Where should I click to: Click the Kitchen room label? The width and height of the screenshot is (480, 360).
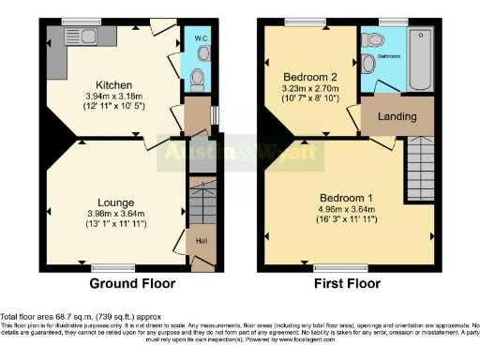click(112, 82)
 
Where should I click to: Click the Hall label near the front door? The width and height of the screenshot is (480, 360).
click(201, 242)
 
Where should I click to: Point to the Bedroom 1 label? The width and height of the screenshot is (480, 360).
click(346, 198)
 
